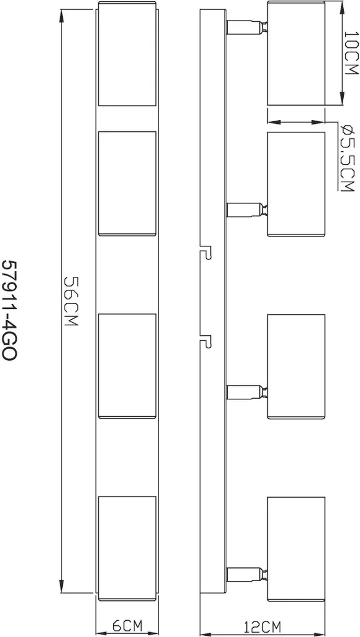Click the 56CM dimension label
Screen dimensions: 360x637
[x=72, y=301]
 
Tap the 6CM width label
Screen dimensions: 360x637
[x=127, y=626]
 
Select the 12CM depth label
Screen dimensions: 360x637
[x=262, y=626]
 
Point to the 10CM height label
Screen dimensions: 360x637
[x=351, y=53]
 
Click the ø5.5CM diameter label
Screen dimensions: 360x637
[x=348, y=158]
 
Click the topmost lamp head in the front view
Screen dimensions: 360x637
[x=127, y=54]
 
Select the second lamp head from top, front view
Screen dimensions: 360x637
[x=127, y=184]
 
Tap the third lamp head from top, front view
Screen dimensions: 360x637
[x=127, y=366]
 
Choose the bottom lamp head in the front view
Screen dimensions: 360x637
[x=127, y=548]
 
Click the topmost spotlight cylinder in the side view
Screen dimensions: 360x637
[x=297, y=54]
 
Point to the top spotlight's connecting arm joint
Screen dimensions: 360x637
[x=246, y=27]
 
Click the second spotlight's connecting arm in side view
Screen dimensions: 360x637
[x=246, y=210]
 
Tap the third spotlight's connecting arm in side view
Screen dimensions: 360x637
[x=246, y=392]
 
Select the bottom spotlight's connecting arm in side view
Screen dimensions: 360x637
[x=246, y=574]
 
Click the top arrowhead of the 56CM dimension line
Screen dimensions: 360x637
[x=62, y=17]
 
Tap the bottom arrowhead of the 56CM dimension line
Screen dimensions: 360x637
[x=62, y=585]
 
